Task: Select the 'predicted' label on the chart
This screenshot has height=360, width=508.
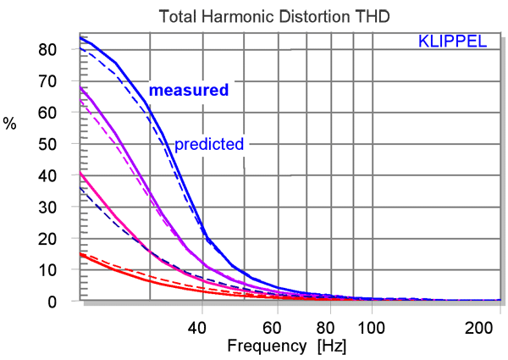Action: pos(209,143)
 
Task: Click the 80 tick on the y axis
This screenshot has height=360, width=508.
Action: pos(47,50)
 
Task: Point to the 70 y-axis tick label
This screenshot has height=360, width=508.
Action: pos(47,81)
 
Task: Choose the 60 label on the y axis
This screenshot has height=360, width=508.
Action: pos(47,113)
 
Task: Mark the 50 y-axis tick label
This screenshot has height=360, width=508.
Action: pos(47,144)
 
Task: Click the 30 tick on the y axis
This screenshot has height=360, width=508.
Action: pos(47,207)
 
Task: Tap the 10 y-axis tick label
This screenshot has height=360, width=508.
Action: pos(47,269)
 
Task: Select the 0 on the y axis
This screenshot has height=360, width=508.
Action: pos(52,301)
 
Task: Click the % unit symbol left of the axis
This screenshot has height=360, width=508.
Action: pos(9,124)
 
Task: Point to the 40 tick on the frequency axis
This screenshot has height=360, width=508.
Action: pos(200,327)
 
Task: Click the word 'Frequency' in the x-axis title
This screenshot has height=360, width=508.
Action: pos(266,346)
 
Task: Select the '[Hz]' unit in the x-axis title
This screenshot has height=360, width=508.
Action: pos(331,346)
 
